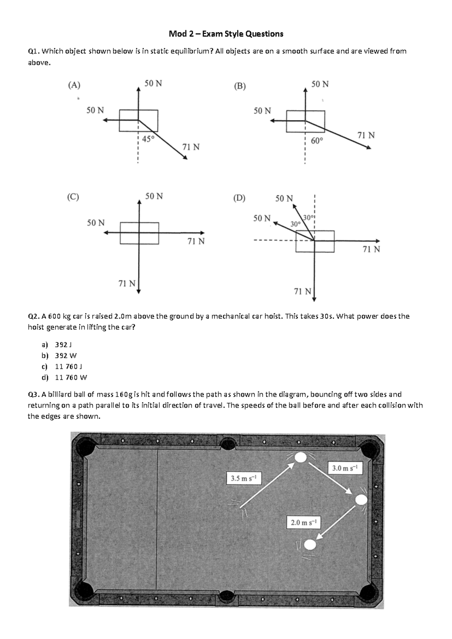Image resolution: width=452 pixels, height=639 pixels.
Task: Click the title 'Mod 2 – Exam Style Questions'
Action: click(226, 34)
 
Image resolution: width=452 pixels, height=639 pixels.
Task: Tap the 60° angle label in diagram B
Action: click(317, 141)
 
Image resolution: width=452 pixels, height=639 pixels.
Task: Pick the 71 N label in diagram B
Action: click(366, 135)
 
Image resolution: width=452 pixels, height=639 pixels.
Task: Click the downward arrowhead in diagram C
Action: click(139, 290)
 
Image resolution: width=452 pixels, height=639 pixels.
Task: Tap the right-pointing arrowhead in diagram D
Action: click(377, 241)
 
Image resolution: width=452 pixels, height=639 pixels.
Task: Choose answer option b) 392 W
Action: click(66, 355)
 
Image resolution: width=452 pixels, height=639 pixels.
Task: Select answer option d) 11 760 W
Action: click(71, 377)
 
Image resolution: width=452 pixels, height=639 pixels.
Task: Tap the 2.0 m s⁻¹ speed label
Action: click(304, 523)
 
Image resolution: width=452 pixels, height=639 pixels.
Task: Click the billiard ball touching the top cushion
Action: click(301, 457)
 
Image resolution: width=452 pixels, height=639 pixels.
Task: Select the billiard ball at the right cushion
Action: click(361, 500)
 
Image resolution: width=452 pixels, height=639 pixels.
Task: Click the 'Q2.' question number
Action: click(34, 316)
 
